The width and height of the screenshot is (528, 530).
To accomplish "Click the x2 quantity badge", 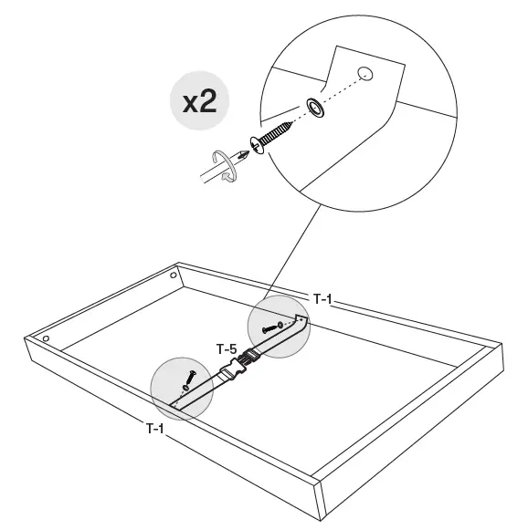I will pos(199,101).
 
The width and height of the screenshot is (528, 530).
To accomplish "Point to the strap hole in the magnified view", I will pos(365,72).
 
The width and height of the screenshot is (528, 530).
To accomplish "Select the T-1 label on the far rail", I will pos(323,298).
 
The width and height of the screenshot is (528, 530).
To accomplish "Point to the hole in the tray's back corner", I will pos(174,275).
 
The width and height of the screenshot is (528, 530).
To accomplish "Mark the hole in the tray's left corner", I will pos(46,339).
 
